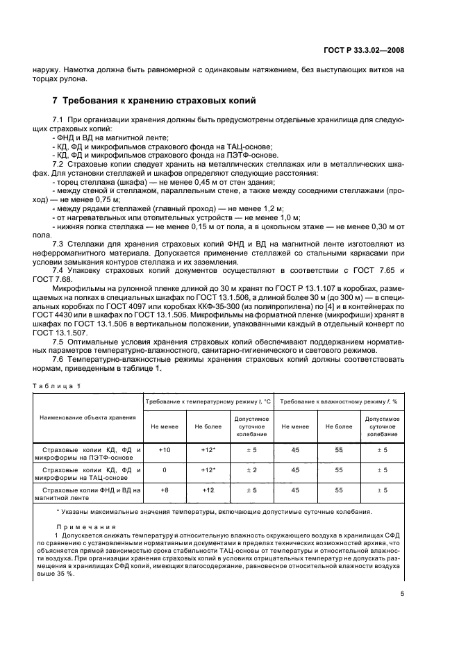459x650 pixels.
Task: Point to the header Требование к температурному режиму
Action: tap(206, 401)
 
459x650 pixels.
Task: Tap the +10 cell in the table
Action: tap(165, 451)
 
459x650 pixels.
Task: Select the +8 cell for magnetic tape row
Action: tap(165, 490)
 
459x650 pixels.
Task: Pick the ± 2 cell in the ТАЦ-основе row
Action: tap(251, 470)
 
